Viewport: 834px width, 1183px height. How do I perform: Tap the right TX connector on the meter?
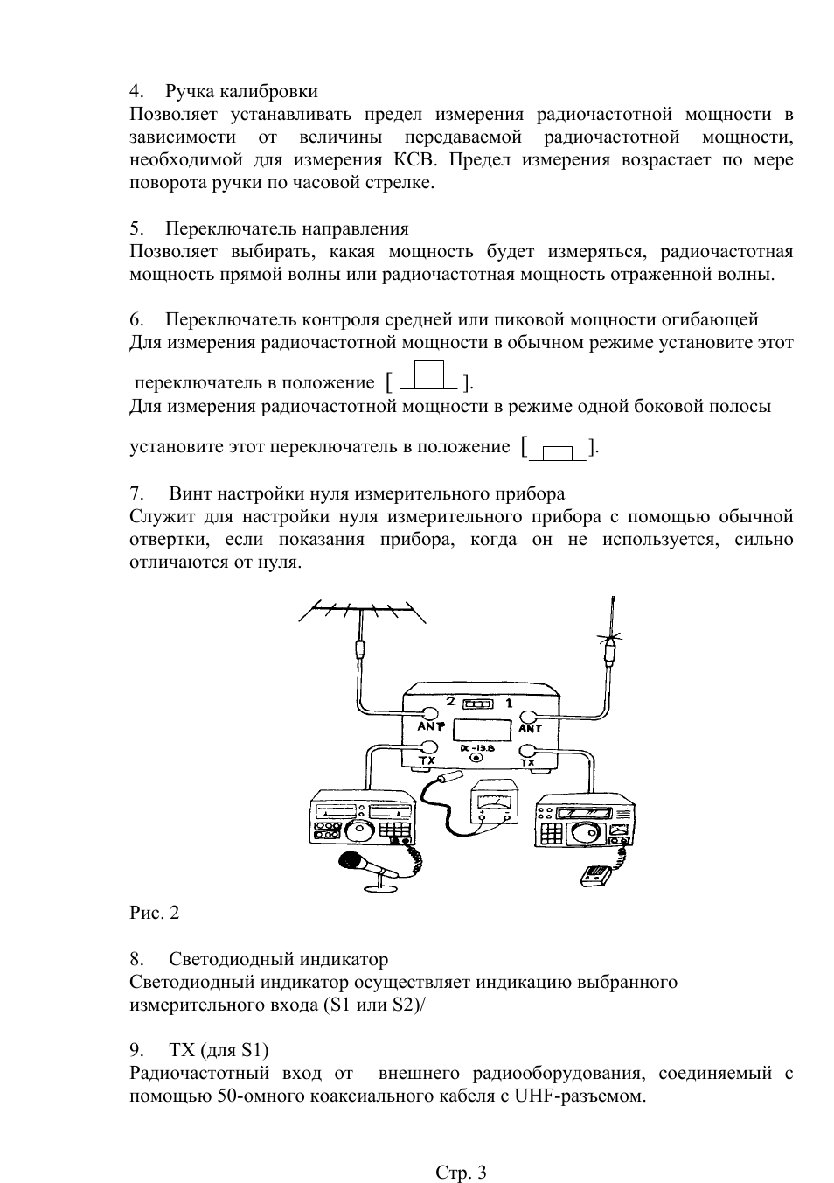pos(528,749)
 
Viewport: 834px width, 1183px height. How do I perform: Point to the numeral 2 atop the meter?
pos(450,702)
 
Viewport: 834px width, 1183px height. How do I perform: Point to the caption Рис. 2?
pos(155,913)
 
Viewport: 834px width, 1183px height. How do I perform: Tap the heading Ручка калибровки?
pos(241,91)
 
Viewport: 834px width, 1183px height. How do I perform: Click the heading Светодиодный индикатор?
pos(278,959)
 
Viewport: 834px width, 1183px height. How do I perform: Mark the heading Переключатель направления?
pos(287,228)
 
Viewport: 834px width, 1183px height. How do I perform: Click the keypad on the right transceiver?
pos(552,836)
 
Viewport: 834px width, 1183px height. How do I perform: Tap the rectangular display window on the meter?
pos(483,729)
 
